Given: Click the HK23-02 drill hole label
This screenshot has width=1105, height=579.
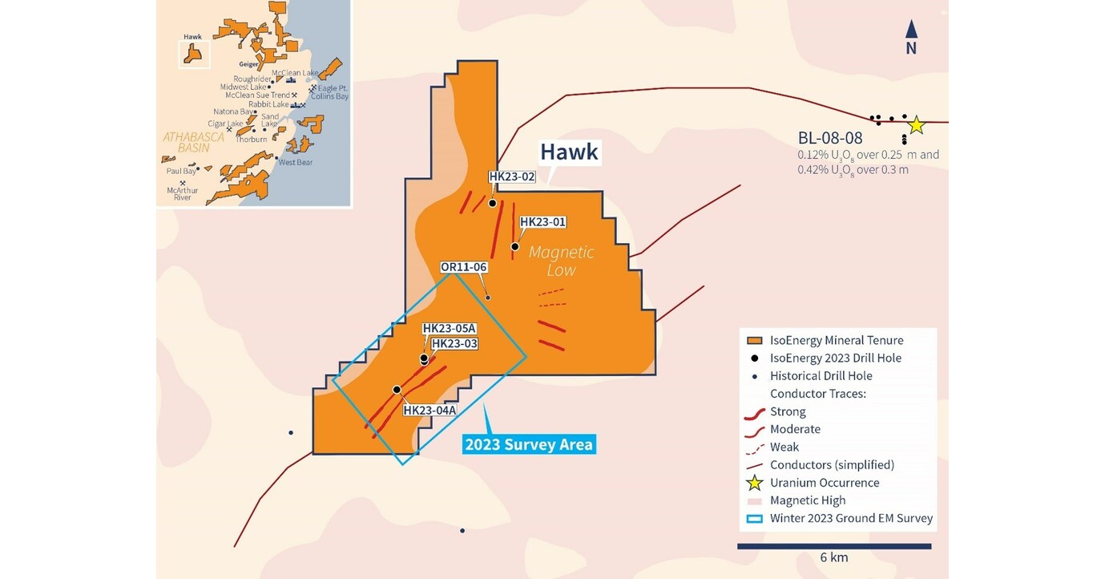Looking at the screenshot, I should point(512,176).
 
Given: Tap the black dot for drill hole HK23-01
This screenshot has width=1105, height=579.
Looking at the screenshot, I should point(515,246).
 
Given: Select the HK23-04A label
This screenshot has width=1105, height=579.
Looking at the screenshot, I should point(429,411).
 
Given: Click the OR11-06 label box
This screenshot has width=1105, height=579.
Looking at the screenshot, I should point(464,267).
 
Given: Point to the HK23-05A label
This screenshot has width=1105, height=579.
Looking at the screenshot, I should point(450,328).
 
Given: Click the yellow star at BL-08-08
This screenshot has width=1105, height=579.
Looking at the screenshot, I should point(916,125).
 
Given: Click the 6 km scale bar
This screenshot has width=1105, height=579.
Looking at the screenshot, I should point(833,546).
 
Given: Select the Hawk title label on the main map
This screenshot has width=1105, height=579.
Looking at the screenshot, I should point(569,152).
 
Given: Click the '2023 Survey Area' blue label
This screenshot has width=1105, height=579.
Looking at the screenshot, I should point(530,443).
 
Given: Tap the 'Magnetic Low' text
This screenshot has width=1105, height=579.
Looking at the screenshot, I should point(561,261).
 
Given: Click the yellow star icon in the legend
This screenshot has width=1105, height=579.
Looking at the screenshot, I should point(754,483).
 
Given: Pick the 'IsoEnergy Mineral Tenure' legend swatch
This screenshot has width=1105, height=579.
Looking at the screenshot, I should point(754,340).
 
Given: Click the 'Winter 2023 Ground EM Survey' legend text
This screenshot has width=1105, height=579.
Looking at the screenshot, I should point(851,518).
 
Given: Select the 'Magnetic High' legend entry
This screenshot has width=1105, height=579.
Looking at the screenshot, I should point(807,500).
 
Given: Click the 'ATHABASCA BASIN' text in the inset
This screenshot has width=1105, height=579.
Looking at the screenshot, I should point(193,142).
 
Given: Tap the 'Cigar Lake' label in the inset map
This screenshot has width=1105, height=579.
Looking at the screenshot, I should point(224,123).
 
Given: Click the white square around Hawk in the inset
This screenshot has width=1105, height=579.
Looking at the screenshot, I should point(193,54).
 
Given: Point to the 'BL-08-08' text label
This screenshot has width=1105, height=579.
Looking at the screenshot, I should point(830,137).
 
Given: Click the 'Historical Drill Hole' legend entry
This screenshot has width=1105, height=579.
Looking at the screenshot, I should point(821,375).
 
